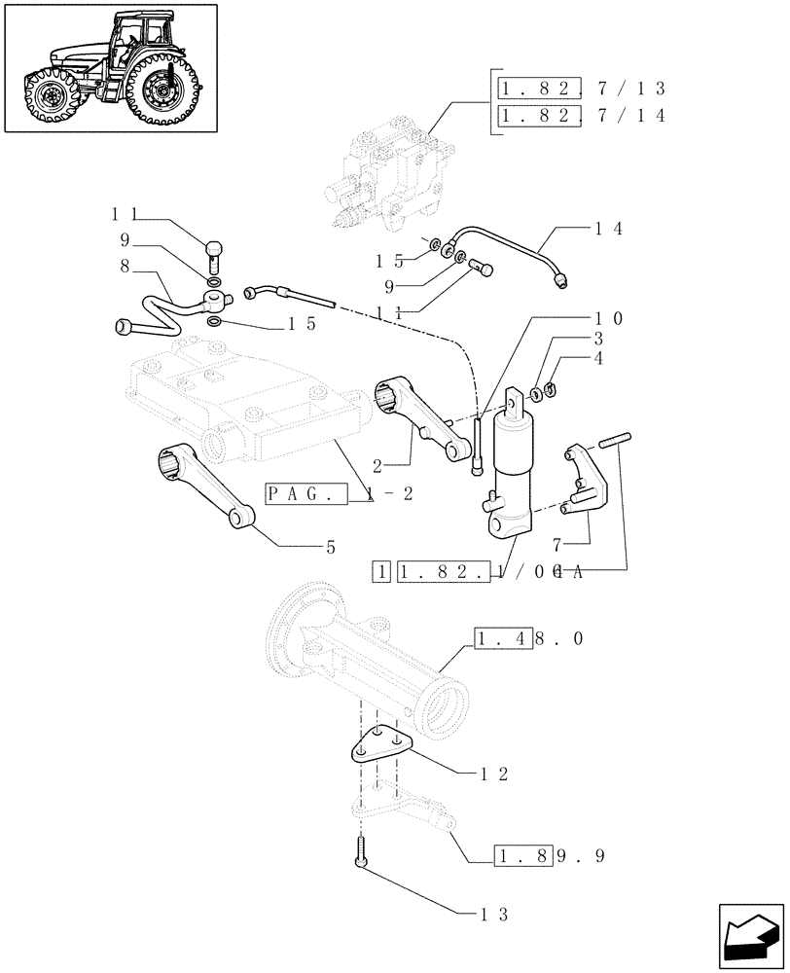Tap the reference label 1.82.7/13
pos(581,90)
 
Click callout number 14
pos(608,230)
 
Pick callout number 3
pos(597,340)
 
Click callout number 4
pos(597,360)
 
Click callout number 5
pos(331,548)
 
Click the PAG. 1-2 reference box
pos(341,493)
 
